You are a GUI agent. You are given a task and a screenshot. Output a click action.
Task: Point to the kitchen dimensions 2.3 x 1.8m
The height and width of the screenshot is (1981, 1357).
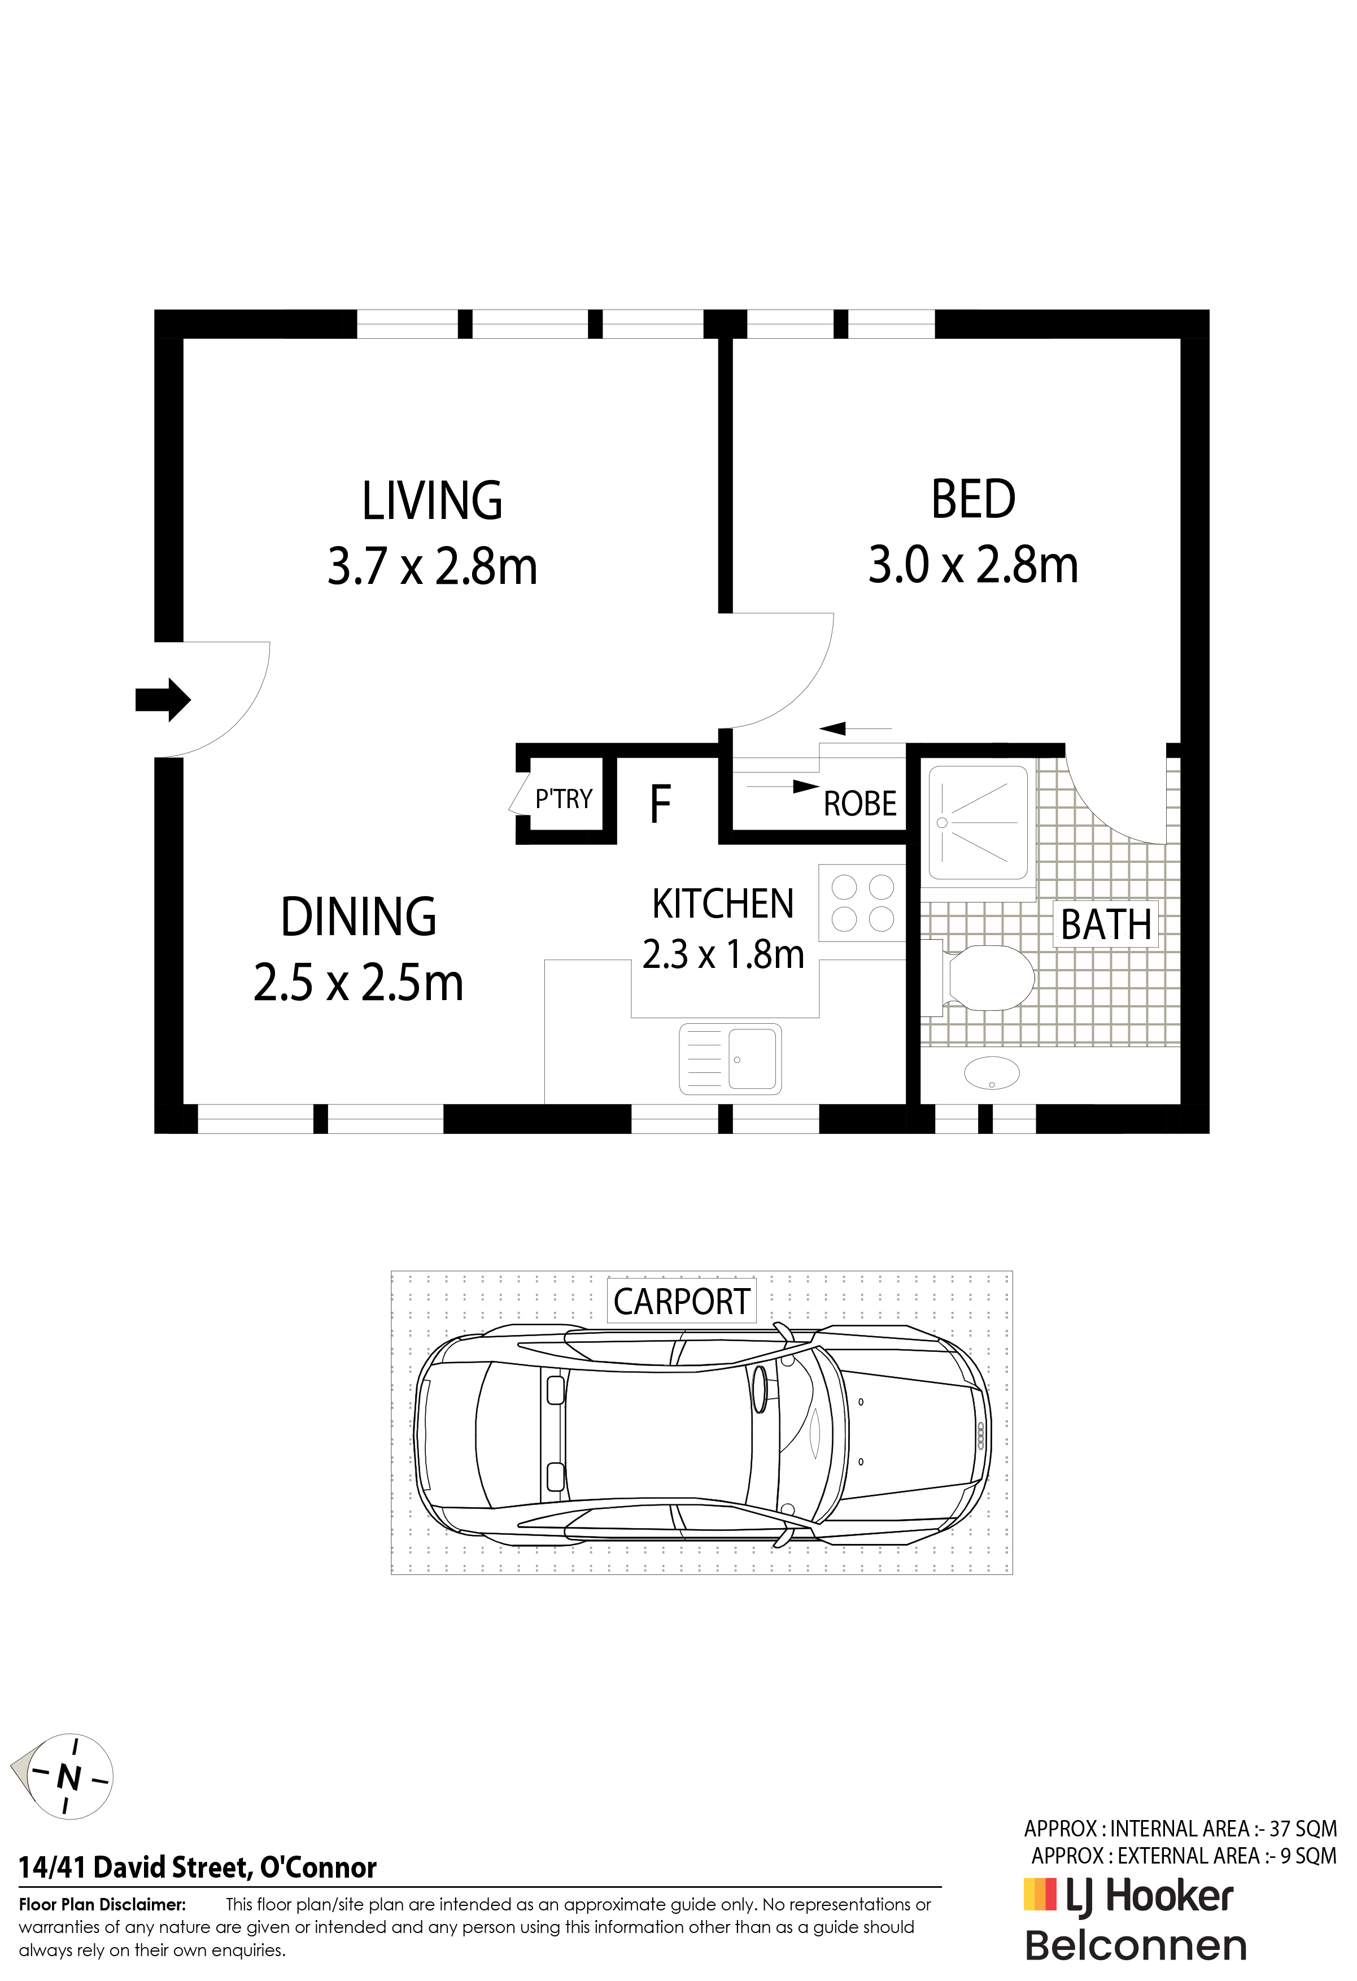723,955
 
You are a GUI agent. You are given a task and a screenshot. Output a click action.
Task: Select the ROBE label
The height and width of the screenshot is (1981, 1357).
860,804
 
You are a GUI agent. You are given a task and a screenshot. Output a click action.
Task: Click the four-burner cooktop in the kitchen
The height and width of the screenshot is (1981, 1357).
862,903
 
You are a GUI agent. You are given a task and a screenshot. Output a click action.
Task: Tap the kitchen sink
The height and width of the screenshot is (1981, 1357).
731,1059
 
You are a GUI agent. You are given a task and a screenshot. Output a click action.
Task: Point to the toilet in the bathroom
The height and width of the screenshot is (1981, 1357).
978,978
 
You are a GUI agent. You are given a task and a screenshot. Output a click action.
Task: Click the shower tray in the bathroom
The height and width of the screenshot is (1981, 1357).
979,823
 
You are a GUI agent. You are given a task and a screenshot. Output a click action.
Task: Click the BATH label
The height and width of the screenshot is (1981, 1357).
1106,925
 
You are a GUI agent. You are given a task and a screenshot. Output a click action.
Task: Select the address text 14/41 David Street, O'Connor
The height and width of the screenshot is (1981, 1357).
198,1869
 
